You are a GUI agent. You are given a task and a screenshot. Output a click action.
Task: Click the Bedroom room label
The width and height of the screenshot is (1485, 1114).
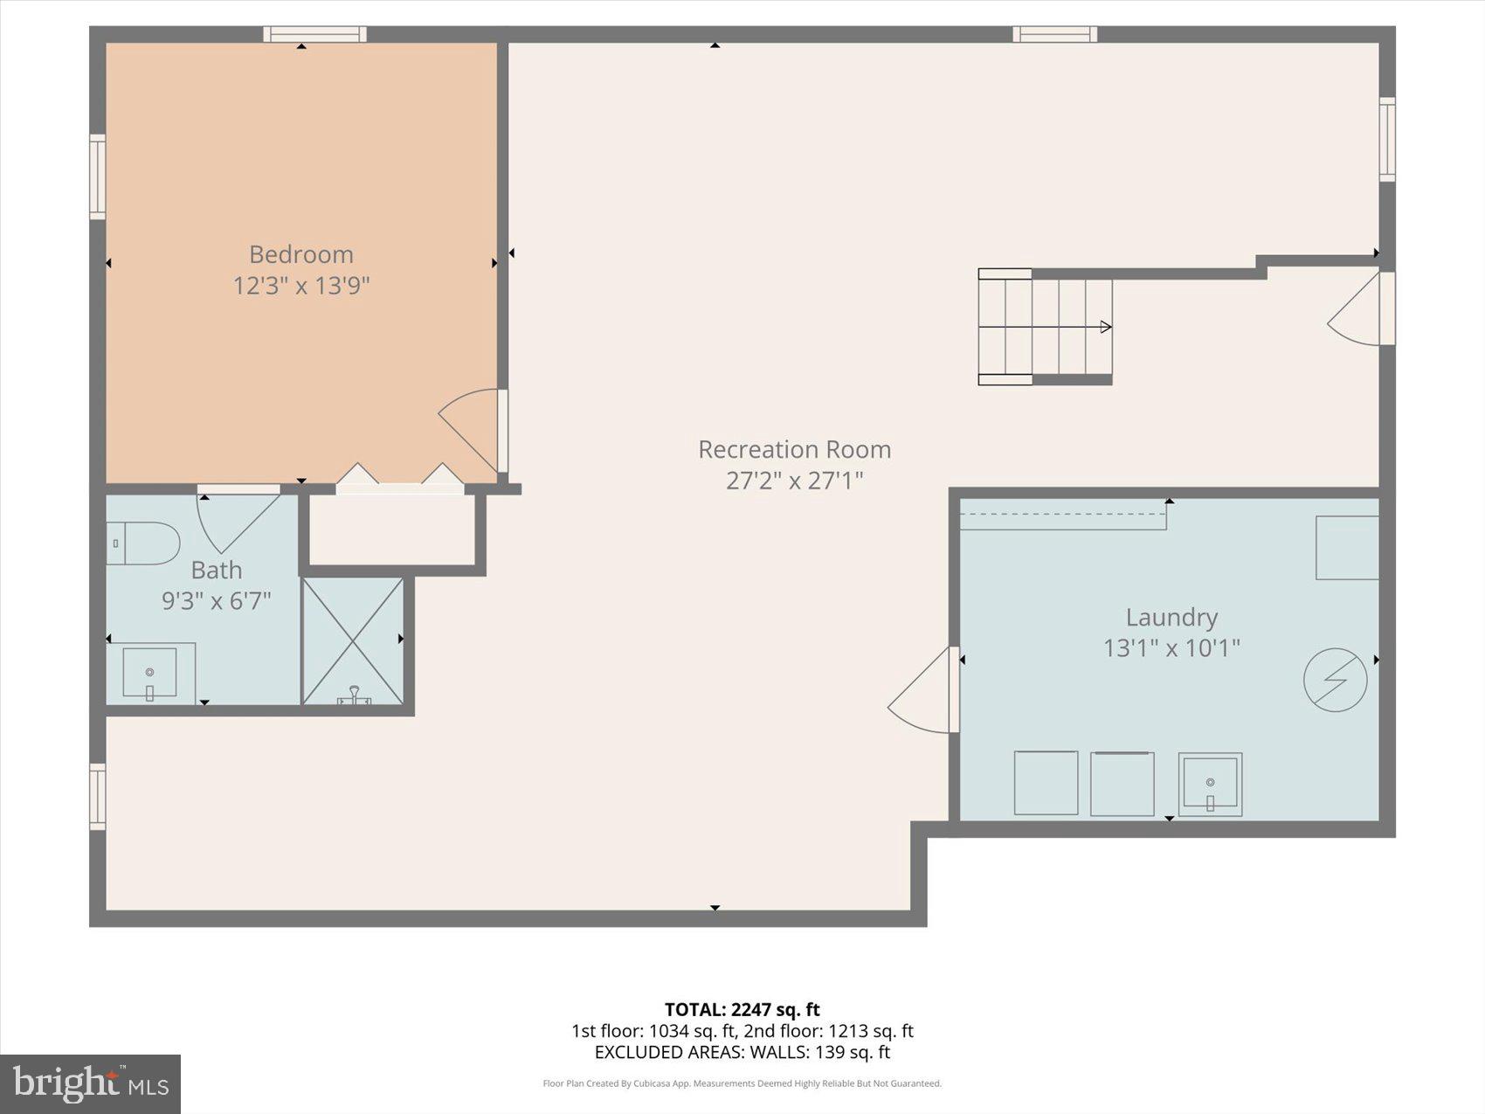tap(301, 254)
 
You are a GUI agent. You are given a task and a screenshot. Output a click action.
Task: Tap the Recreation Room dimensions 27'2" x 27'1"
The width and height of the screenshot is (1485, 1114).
tap(794, 481)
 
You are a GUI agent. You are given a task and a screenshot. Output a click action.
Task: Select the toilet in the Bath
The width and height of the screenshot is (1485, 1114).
tap(144, 543)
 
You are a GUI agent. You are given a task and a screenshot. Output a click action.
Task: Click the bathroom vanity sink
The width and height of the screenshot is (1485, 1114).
tap(149, 674)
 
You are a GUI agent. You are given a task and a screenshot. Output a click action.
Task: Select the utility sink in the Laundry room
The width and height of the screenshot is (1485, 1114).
tap(1210, 784)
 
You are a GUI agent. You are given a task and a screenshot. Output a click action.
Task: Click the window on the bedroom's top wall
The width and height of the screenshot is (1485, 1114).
tap(314, 34)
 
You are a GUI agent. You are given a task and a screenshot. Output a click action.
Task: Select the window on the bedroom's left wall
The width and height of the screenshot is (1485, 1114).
tap(98, 176)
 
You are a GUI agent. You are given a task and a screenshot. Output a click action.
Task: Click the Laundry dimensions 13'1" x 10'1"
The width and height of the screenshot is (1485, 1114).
tap(1171, 648)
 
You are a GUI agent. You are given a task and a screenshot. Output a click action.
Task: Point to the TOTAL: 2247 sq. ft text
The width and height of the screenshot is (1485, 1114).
tap(742, 1010)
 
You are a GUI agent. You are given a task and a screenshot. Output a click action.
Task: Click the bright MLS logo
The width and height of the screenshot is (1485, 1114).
tap(90, 1084)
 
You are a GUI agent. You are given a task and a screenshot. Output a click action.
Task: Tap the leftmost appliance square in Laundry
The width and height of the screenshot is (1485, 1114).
tap(1046, 783)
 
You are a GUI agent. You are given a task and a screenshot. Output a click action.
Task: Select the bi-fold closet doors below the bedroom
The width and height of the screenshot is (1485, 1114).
tap(400, 480)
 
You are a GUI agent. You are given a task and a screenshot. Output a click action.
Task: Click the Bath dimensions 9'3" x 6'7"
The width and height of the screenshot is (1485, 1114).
tap(217, 601)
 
